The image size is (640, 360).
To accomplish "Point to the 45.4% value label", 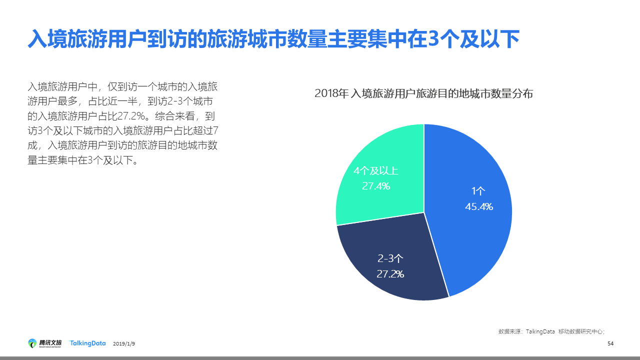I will (479, 206).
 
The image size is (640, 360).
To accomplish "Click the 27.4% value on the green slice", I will (376, 186).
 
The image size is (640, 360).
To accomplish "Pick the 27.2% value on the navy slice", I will (390, 274).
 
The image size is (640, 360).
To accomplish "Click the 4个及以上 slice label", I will (376, 171).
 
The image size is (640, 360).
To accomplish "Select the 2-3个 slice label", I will (390, 258).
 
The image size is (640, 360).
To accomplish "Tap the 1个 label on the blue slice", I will (478, 191).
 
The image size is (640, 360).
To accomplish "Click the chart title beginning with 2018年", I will (424, 93).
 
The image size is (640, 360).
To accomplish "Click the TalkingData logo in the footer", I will (88, 343).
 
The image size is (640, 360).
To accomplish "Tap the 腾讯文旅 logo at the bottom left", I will (45, 343).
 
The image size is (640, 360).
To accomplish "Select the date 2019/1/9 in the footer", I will (124, 344).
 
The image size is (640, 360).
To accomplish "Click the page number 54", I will (610, 343).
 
